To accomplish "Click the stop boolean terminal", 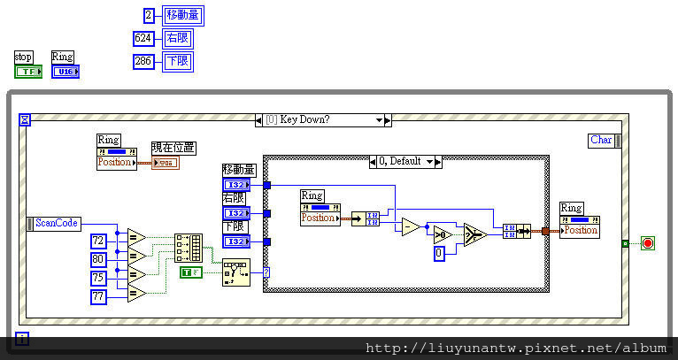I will coord(28,71).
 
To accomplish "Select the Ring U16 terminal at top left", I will coord(65,71).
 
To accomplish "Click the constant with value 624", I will coord(143,38).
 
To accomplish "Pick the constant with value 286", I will coord(143,61).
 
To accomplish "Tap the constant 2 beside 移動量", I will coord(150,14).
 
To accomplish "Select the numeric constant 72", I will coord(98,241).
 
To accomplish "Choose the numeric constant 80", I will coord(98,259).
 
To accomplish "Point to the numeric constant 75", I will coord(98,278).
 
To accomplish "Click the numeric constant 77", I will coord(98,297).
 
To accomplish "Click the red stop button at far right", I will coord(647,243).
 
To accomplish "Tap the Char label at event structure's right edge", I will coord(601,140).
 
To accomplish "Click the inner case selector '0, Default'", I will coord(405,162).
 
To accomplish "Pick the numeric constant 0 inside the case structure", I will coord(438,253).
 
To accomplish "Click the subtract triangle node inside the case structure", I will coord(411,227).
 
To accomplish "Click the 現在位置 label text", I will coord(173,148).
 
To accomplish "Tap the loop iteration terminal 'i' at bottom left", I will coord(22,338).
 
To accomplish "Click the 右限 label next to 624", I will coord(177,38).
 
